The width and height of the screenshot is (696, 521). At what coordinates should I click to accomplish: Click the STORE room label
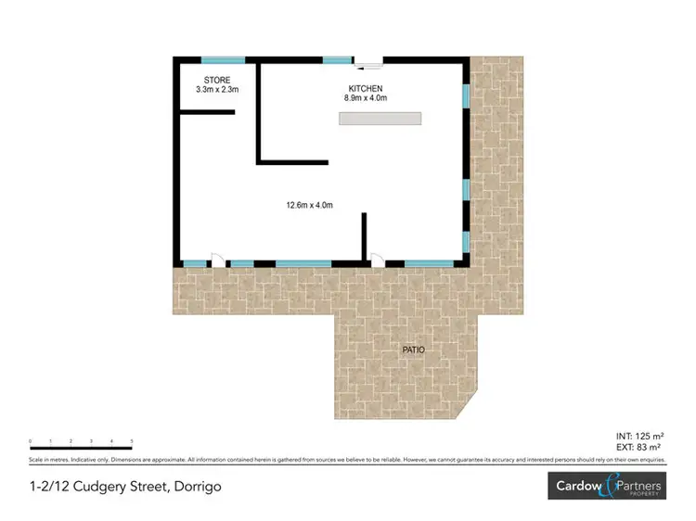point(217,80)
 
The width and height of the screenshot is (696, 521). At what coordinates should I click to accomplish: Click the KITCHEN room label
point(364,87)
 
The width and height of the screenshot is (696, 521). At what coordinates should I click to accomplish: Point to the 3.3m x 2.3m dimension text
point(217,90)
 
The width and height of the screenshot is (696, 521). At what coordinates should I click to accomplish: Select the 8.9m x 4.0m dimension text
point(364,97)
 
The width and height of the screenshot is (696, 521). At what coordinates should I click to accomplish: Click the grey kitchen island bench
point(380,119)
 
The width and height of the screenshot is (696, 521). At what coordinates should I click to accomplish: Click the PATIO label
point(414,350)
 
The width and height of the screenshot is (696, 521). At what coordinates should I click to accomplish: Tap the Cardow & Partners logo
point(608,486)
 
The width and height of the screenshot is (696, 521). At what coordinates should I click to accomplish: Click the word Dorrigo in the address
point(196,486)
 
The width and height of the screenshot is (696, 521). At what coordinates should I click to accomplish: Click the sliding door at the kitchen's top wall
point(367,62)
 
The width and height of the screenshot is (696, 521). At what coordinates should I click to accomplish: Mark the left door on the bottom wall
point(217,260)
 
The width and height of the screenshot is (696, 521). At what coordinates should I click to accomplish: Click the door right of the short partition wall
point(377,260)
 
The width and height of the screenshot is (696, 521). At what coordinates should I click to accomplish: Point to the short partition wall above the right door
point(365,235)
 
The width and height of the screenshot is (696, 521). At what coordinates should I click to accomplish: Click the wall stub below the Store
point(206,112)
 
